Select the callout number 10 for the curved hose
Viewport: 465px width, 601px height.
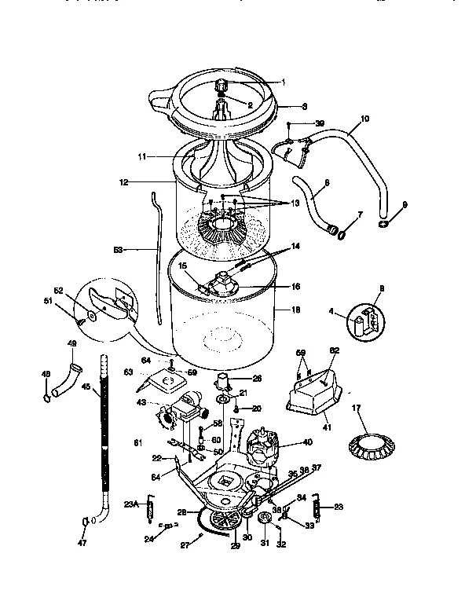point(364,120)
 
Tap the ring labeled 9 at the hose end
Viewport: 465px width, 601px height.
point(383,224)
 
